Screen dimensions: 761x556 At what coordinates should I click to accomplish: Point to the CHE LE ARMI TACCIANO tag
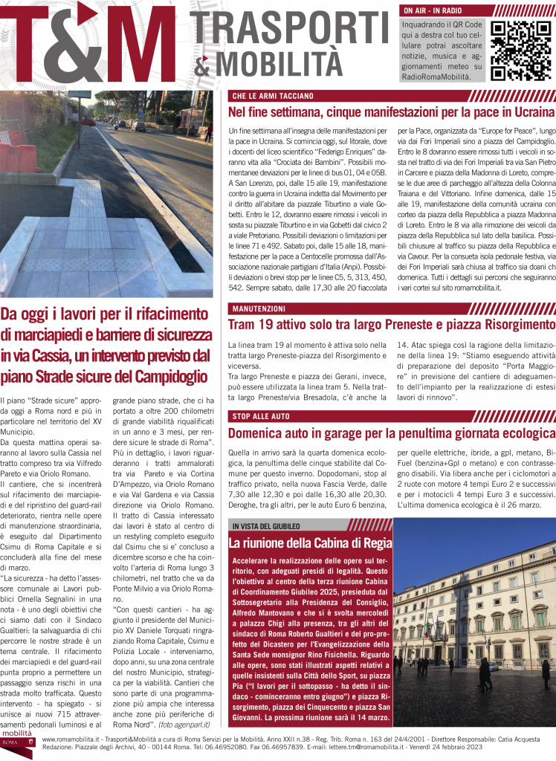tap(273, 96)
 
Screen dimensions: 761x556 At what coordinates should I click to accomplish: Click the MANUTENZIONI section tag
tap(259, 308)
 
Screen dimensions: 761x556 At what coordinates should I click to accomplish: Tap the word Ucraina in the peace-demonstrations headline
tap(529, 112)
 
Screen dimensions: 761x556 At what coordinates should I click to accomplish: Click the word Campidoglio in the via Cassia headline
tap(165, 377)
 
